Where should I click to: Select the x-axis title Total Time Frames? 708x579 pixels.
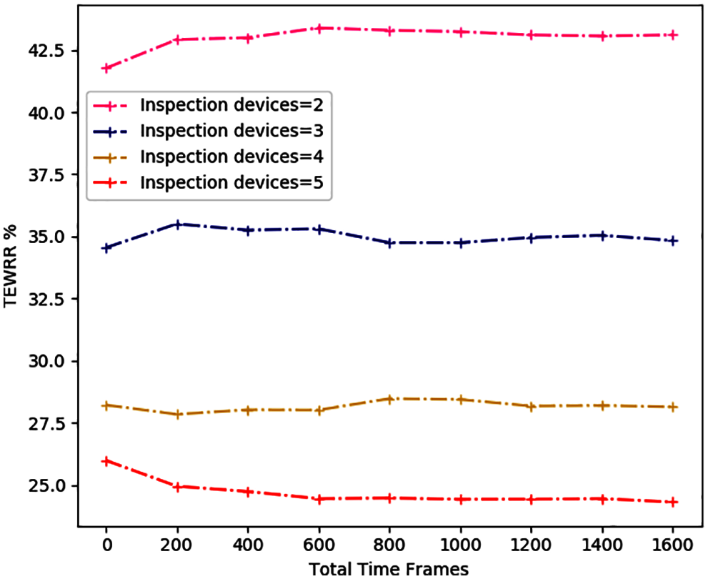point(389,569)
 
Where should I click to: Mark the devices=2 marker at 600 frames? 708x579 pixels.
point(319,29)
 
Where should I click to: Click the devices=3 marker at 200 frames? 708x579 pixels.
point(177,224)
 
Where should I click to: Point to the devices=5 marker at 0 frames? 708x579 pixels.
point(106,461)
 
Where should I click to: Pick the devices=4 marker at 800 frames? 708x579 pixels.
point(389,399)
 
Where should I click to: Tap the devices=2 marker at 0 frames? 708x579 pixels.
point(106,68)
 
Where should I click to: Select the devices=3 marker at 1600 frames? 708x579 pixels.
point(672,241)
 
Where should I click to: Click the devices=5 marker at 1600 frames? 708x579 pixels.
point(672,502)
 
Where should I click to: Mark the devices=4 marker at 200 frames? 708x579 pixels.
point(177,414)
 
